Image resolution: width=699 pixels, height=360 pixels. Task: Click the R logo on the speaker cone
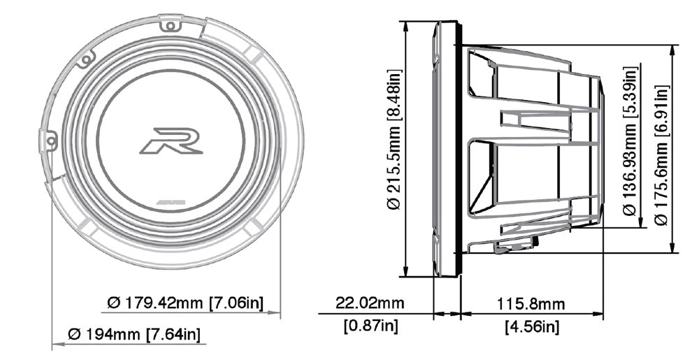(171, 140)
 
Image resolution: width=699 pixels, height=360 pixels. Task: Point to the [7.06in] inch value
(236, 303)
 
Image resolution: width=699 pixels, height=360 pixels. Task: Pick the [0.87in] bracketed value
(370, 325)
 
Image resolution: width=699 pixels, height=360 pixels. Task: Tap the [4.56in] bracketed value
(532, 325)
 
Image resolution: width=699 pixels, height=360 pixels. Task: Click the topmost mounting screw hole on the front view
(168, 26)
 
